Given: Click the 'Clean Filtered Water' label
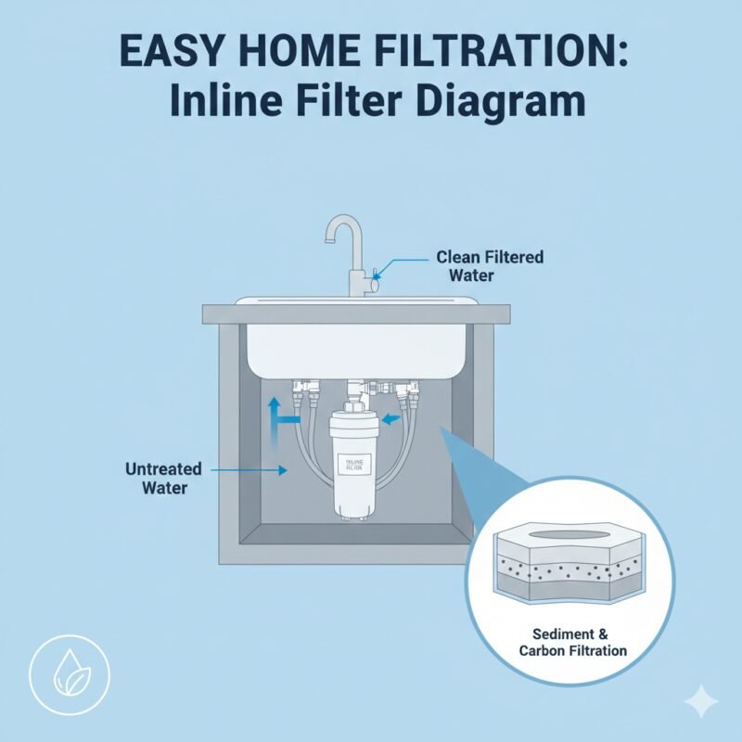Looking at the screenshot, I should (x=490, y=266).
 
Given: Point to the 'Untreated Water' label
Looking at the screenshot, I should (x=156, y=479).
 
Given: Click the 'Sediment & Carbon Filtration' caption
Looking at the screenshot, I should (x=581, y=642).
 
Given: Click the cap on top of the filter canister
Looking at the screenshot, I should (x=353, y=409).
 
